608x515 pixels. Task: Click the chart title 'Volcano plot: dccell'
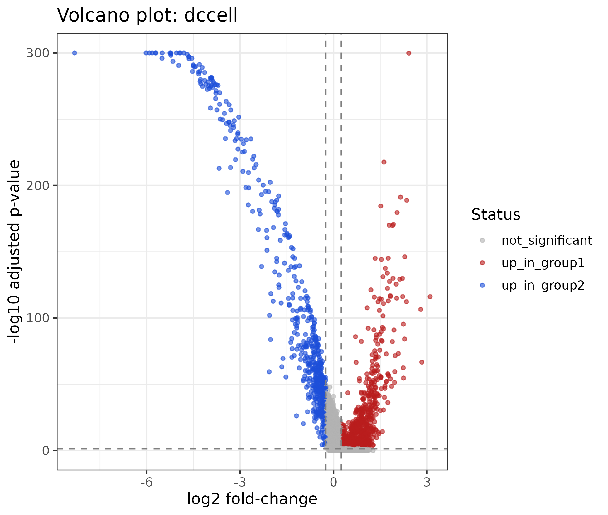(147, 15)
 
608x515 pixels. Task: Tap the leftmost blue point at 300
(75, 53)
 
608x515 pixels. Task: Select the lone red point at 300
(409, 53)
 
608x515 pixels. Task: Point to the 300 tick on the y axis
(55, 53)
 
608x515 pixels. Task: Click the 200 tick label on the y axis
(38, 186)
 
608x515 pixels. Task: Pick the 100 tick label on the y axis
(38, 318)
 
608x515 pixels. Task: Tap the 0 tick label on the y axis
(46, 450)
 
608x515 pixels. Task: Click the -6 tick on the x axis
(147, 472)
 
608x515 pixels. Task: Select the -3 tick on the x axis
(240, 472)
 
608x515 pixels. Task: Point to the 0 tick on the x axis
(334, 472)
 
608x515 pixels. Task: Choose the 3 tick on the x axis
(427, 472)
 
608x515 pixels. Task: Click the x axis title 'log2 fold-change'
(252, 499)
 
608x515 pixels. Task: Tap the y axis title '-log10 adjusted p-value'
(14, 252)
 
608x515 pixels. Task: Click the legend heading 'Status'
(496, 214)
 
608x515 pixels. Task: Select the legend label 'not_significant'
(547, 240)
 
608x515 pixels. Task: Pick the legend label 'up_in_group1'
(543, 263)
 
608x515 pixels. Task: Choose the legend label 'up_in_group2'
(543, 286)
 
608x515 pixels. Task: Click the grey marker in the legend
(482, 240)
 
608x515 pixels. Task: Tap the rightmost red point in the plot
(430, 297)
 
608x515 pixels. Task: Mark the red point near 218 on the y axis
(384, 162)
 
